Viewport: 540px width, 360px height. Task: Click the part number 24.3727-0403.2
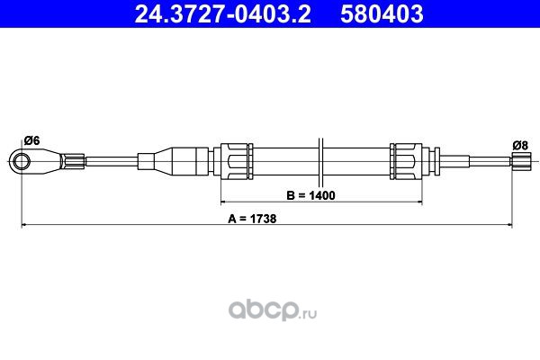point(223,13)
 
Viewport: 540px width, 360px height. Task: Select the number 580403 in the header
point(382,13)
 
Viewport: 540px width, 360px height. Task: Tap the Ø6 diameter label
point(32,140)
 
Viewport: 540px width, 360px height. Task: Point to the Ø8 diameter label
point(520,146)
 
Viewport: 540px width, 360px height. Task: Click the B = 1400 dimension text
point(310,195)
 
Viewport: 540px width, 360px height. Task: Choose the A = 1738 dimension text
point(252,219)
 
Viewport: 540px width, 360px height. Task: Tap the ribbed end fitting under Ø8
point(520,161)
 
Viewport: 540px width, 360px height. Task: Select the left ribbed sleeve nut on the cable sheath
point(236,161)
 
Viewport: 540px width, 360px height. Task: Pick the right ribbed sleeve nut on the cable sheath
point(407,161)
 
